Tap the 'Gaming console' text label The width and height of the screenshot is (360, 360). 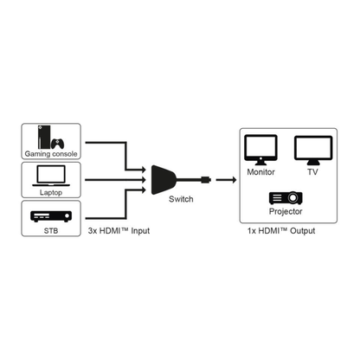(x=51, y=154)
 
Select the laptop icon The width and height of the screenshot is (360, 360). (x=51, y=177)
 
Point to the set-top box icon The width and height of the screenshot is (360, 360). (x=51, y=215)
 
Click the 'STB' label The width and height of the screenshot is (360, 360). (x=51, y=232)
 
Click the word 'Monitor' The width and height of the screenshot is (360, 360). (x=260, y=172)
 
